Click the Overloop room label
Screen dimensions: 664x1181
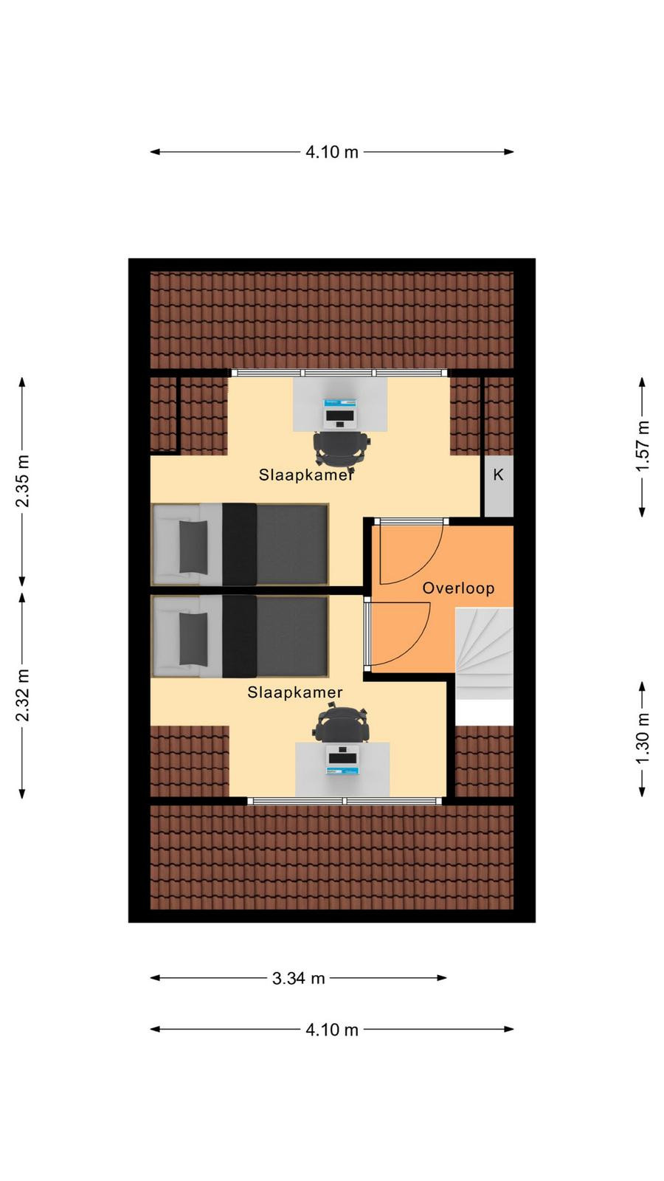(458, 588)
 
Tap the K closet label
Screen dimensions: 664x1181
(498, 475)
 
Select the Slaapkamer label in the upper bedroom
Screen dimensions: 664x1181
(305, 475)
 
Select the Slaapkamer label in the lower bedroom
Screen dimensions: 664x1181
(295, 692)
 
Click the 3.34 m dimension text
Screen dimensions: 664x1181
(298, 979)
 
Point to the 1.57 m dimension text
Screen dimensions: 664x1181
(642, 446)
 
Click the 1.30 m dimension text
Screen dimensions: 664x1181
(642, 738)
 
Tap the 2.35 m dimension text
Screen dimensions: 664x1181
(22, 481)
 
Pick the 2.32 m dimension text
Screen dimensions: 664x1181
(22, 695)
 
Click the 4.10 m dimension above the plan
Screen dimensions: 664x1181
(332, 152)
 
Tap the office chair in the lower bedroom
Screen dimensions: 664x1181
(341, 725)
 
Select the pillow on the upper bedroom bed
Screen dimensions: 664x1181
(193, 547)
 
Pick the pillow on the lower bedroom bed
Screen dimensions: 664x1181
(193, 639)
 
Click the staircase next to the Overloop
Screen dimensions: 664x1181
(484, 654)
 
